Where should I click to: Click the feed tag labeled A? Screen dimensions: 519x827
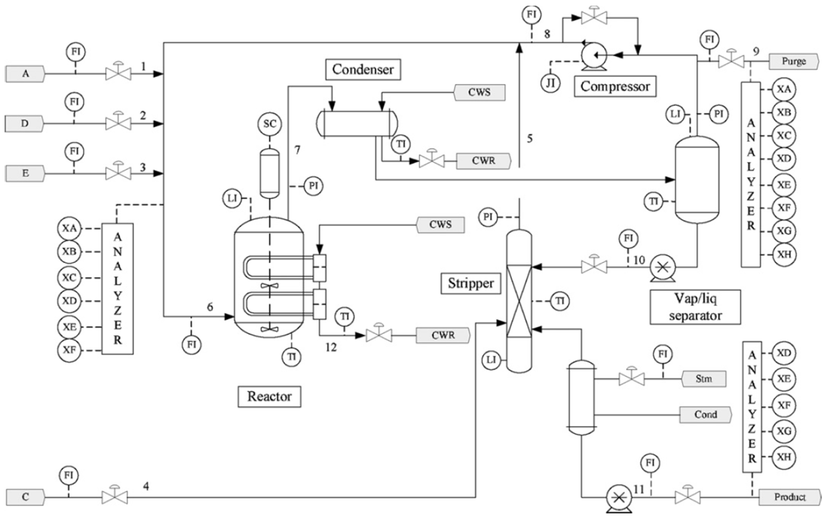pos(25,74)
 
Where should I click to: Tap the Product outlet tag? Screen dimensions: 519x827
pos(789,497)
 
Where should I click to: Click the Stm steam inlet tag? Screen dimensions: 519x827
pos(703,379)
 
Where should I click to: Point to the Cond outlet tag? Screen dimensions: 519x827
pos(705,414)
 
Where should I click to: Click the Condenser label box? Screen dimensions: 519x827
pos(363,70)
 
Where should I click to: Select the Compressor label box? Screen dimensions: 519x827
pos(615,86)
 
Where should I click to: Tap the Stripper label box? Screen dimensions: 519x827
pos(470,283)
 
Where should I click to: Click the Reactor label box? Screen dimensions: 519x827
pos(269,397)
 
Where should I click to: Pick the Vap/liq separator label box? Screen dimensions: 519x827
pos(695,307)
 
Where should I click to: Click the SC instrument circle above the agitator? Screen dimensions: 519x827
pos(270,124)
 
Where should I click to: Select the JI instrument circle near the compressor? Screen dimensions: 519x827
pos(551,83)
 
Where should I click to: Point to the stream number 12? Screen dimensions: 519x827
pos(331,348)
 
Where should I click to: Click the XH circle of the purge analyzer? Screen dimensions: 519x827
pos(784,255)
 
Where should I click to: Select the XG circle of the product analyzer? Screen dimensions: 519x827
pos(784,431)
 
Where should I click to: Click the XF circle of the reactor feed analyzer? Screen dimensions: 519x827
pos(69,350)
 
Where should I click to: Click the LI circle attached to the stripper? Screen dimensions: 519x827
pos(491,360)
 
